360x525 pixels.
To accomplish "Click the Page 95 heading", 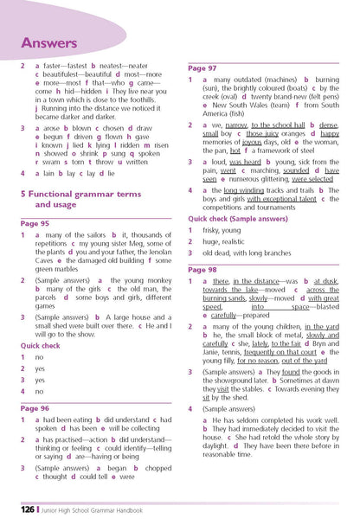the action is [x=35, y=222].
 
